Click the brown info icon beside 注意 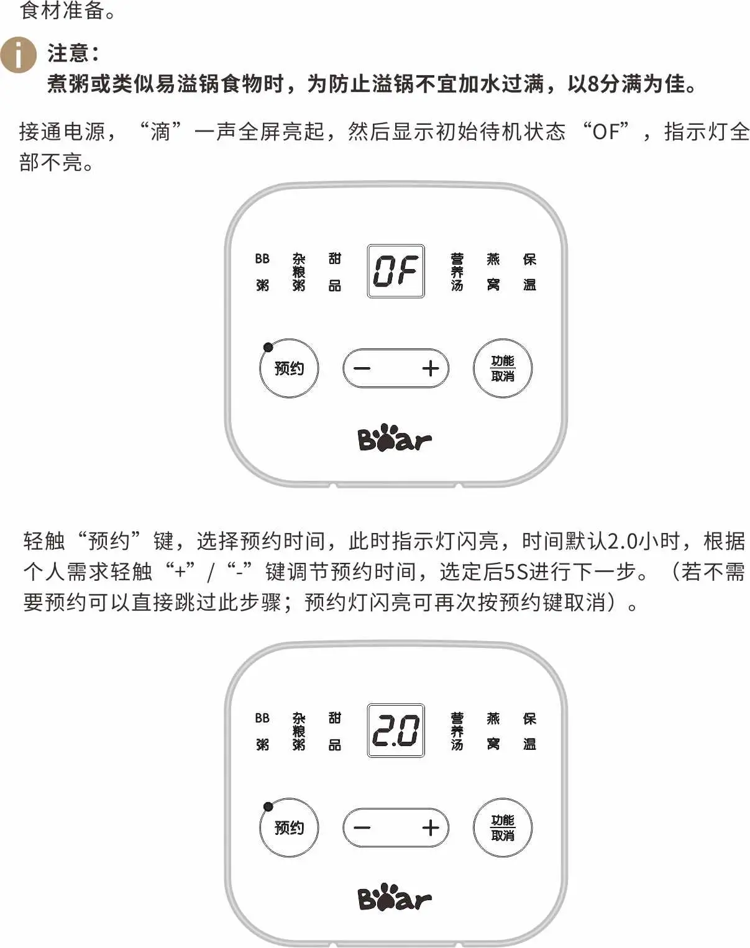pyautogui.click(x=18, y=55)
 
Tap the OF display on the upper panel pyautogui.click(x=396, y=271)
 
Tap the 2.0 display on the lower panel pyautogui.click(x=396, y=731)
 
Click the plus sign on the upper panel pyautogui.click(x=431, y=368)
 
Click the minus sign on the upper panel pyautogui.click(x=362, y=368)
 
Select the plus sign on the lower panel pyautogui.click(x=431, y=827)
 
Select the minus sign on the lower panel pyautogui.click(x=362, y=827)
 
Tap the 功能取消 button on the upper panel pyautogui.click(x=503, y=368)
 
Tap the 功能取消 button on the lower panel pyautogui.click(x=503, y=827)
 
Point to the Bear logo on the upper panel pyautogui.click(x=395, y=439)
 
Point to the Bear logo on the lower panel pyautogui.click(x=395, y=898)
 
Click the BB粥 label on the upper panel pyautogui.click(x=262, y=272)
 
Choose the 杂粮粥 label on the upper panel pyautogui.click(x=299, y=272)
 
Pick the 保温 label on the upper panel pyautogui.click(x=529, y=272)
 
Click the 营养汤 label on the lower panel pyautogui.click(x=457, y=731)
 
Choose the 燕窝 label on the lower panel pyautogui.click(x=493, y=731)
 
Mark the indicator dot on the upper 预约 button pyautogui.click(x=268, y=347)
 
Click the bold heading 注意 pyautogui.click(x=73, y=53)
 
